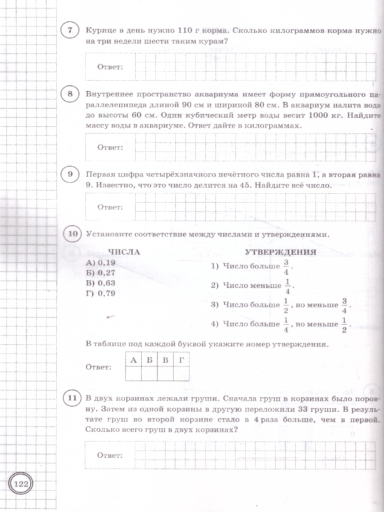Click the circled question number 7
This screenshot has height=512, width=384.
pos(70,31)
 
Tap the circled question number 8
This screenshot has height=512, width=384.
pos(70,94)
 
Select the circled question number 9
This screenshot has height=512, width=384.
pos(70,175)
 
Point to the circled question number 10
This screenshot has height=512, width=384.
pos(73,234)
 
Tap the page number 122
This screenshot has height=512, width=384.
pos(21,483)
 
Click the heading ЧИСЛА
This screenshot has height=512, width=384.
pos(124,252)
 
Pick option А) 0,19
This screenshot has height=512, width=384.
pos(101,262)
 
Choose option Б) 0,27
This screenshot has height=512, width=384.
pos(101,273)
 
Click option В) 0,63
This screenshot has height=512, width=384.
pos(101,283)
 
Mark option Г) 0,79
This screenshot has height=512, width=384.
pos(101,293)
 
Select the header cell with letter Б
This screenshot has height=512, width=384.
pos(149,360)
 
